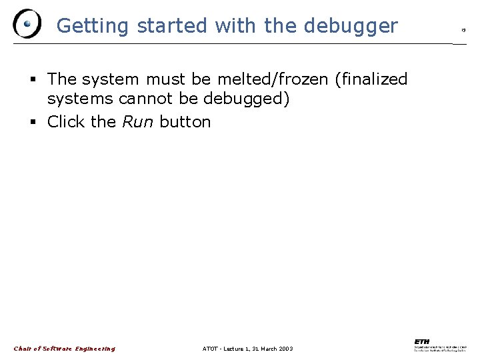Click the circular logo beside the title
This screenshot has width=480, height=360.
(27, 25)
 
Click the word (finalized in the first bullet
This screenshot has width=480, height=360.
(371, 79)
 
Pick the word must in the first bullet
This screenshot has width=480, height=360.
(166, 79)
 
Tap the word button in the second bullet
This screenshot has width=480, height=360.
(185, 122)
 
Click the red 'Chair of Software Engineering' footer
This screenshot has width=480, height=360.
(64, 349)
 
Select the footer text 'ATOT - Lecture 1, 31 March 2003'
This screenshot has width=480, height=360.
(247, 349)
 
